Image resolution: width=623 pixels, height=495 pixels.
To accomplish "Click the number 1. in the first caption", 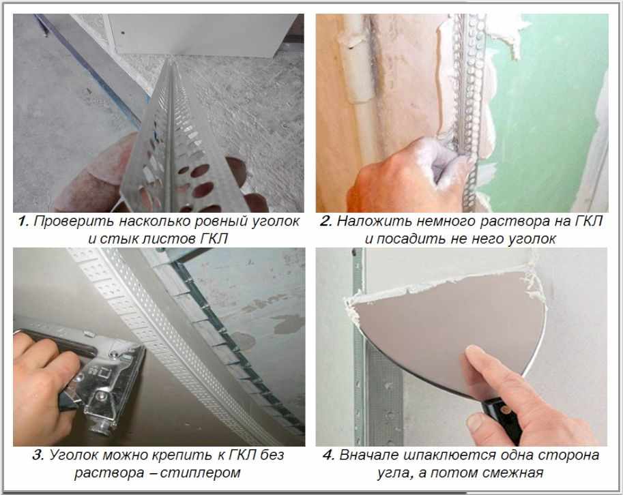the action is (23, 222).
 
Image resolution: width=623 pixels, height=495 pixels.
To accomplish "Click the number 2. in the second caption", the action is (325, 222).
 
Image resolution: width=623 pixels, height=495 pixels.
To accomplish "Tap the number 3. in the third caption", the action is (38, 455).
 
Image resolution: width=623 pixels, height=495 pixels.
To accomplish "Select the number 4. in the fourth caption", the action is (329, 455).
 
